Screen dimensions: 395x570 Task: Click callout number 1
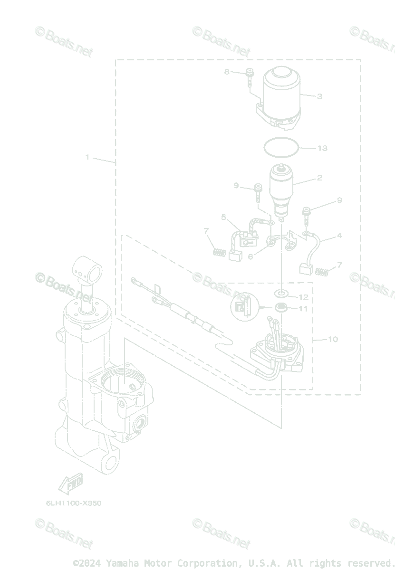87,157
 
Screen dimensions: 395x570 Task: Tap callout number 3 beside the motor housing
319,96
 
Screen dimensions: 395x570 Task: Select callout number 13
322,148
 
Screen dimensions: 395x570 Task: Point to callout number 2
319,178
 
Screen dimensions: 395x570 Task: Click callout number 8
227,72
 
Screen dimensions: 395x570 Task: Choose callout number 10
333,339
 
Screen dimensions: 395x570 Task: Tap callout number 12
303,297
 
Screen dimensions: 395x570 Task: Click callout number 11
303,309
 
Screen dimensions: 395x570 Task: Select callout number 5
223,217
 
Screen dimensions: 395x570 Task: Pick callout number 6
250,256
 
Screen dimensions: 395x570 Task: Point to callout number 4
339,235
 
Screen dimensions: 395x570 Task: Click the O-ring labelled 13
281,145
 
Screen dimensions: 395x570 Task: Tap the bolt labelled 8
250,77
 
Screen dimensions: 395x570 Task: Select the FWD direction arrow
70,483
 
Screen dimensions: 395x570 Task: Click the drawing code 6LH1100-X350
74,503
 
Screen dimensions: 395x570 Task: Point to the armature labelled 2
281,188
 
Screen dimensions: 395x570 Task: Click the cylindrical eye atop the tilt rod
88,269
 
